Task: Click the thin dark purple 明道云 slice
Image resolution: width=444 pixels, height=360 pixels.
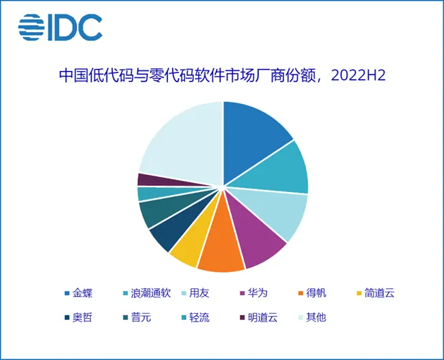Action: (145, 179)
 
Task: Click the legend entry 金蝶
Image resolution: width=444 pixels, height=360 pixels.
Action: (78, 294)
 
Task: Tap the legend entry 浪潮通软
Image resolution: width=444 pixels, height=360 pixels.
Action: (148, 294)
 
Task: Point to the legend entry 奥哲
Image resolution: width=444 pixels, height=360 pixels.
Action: (78, 318)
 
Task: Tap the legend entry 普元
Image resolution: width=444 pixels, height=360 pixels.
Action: (135, 318)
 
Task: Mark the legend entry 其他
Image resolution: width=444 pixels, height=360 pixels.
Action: (311, 318)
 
